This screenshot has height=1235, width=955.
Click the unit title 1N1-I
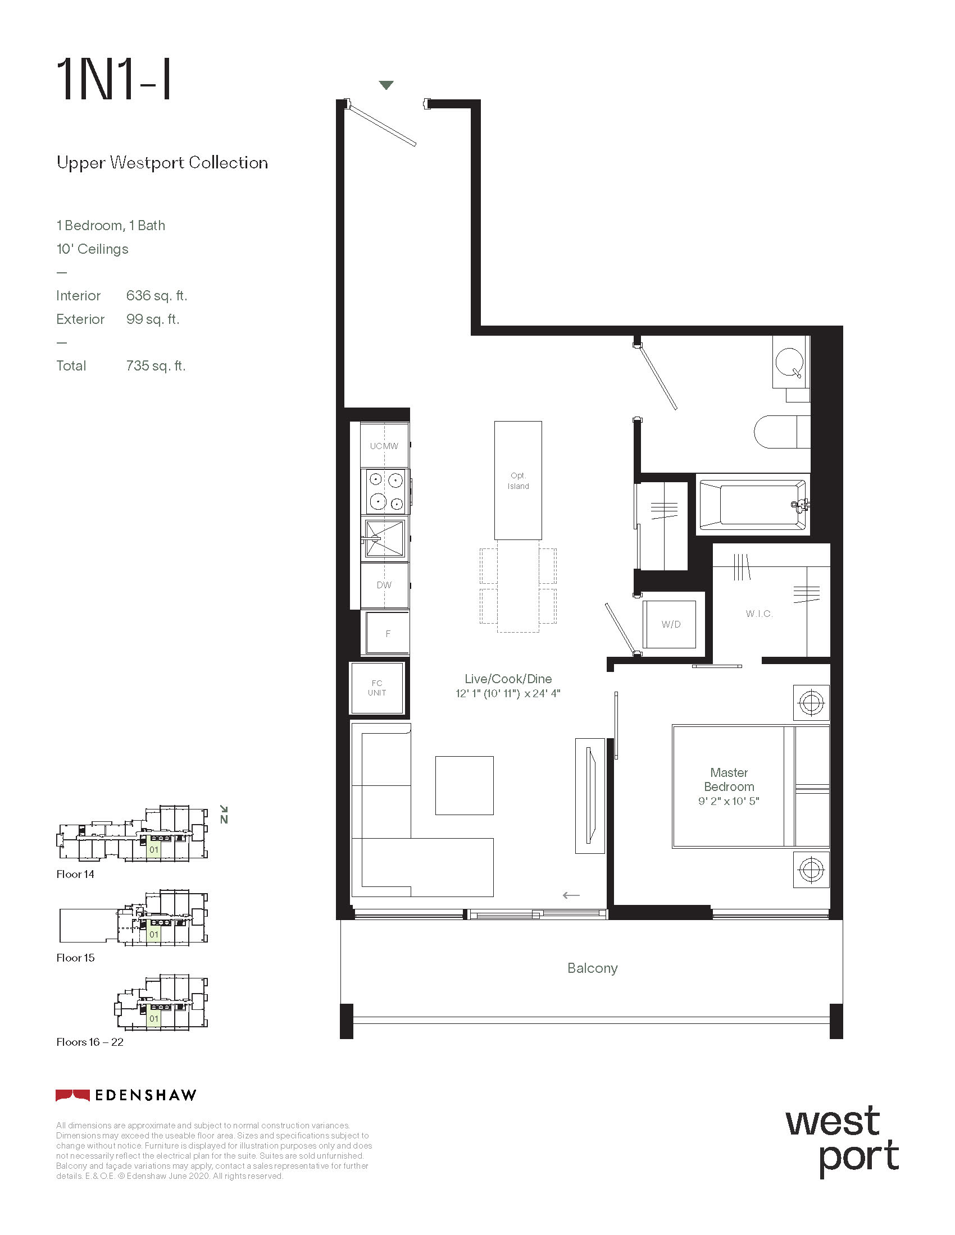(113, 80)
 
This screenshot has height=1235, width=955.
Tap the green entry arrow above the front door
(386, 85)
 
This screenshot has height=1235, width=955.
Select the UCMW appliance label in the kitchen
(384, 446)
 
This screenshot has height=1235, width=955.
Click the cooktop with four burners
(385, 491)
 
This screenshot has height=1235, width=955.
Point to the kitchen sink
(385, 538)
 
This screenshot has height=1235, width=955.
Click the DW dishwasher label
(384, 586)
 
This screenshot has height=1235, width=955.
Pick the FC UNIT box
(377, 688)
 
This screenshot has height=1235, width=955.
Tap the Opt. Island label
(519, 481)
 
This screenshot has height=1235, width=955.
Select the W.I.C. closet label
(760, 614)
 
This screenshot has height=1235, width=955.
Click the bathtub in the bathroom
(753, 505)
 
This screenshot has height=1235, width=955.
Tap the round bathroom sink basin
(790, 362)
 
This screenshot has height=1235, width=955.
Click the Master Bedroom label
(729, 779)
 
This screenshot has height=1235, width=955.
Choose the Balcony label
(592, 968)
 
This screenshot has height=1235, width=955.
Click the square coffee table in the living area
(465, 785)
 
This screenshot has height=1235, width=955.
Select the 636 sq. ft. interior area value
(157, 296)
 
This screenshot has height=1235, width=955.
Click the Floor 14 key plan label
(75, 874)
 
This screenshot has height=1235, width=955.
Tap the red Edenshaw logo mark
(72, 1095)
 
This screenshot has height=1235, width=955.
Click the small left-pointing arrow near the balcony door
(571, 895)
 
